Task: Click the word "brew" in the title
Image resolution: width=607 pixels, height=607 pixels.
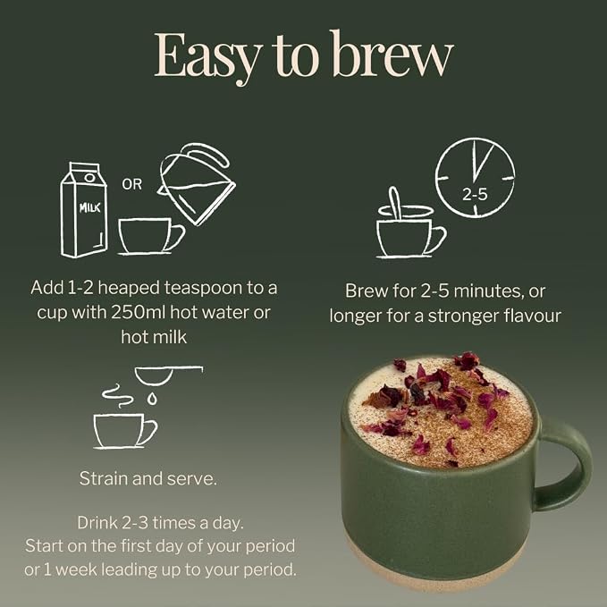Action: (x=392, y=54)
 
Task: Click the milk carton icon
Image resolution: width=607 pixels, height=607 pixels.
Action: (x=84, y=209)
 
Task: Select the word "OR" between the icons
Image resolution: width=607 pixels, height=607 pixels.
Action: (x=132, y=184)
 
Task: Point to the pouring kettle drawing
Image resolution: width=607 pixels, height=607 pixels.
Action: (x=197, y=183)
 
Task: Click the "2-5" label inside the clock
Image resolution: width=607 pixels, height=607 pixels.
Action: (x=475, y=194)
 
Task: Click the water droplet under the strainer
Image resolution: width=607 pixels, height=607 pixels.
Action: (x=153, y=399)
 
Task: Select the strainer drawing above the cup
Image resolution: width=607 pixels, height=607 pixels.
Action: (x=168, y=375)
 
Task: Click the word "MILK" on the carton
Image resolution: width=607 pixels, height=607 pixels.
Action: (x=89, y=208)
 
